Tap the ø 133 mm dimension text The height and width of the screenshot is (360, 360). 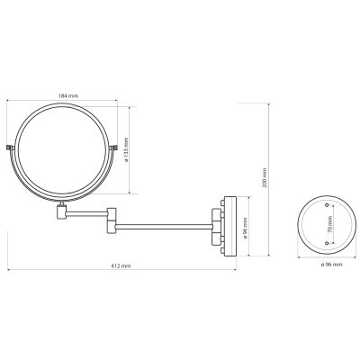click(x=126, y=150)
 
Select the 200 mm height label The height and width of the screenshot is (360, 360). click(x=265, y=178)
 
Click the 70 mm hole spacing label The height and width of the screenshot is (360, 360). click(x=329, y=224)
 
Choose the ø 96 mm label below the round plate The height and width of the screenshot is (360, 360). click(x=331, y=265)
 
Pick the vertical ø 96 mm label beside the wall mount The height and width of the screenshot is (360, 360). click(x=246, y=228)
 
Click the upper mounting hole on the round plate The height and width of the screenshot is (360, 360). click(x=327, y=205)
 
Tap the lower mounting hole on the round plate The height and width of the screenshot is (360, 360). click(x=327, y=243)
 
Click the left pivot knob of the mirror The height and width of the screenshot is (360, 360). click(x=9, y=148)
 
